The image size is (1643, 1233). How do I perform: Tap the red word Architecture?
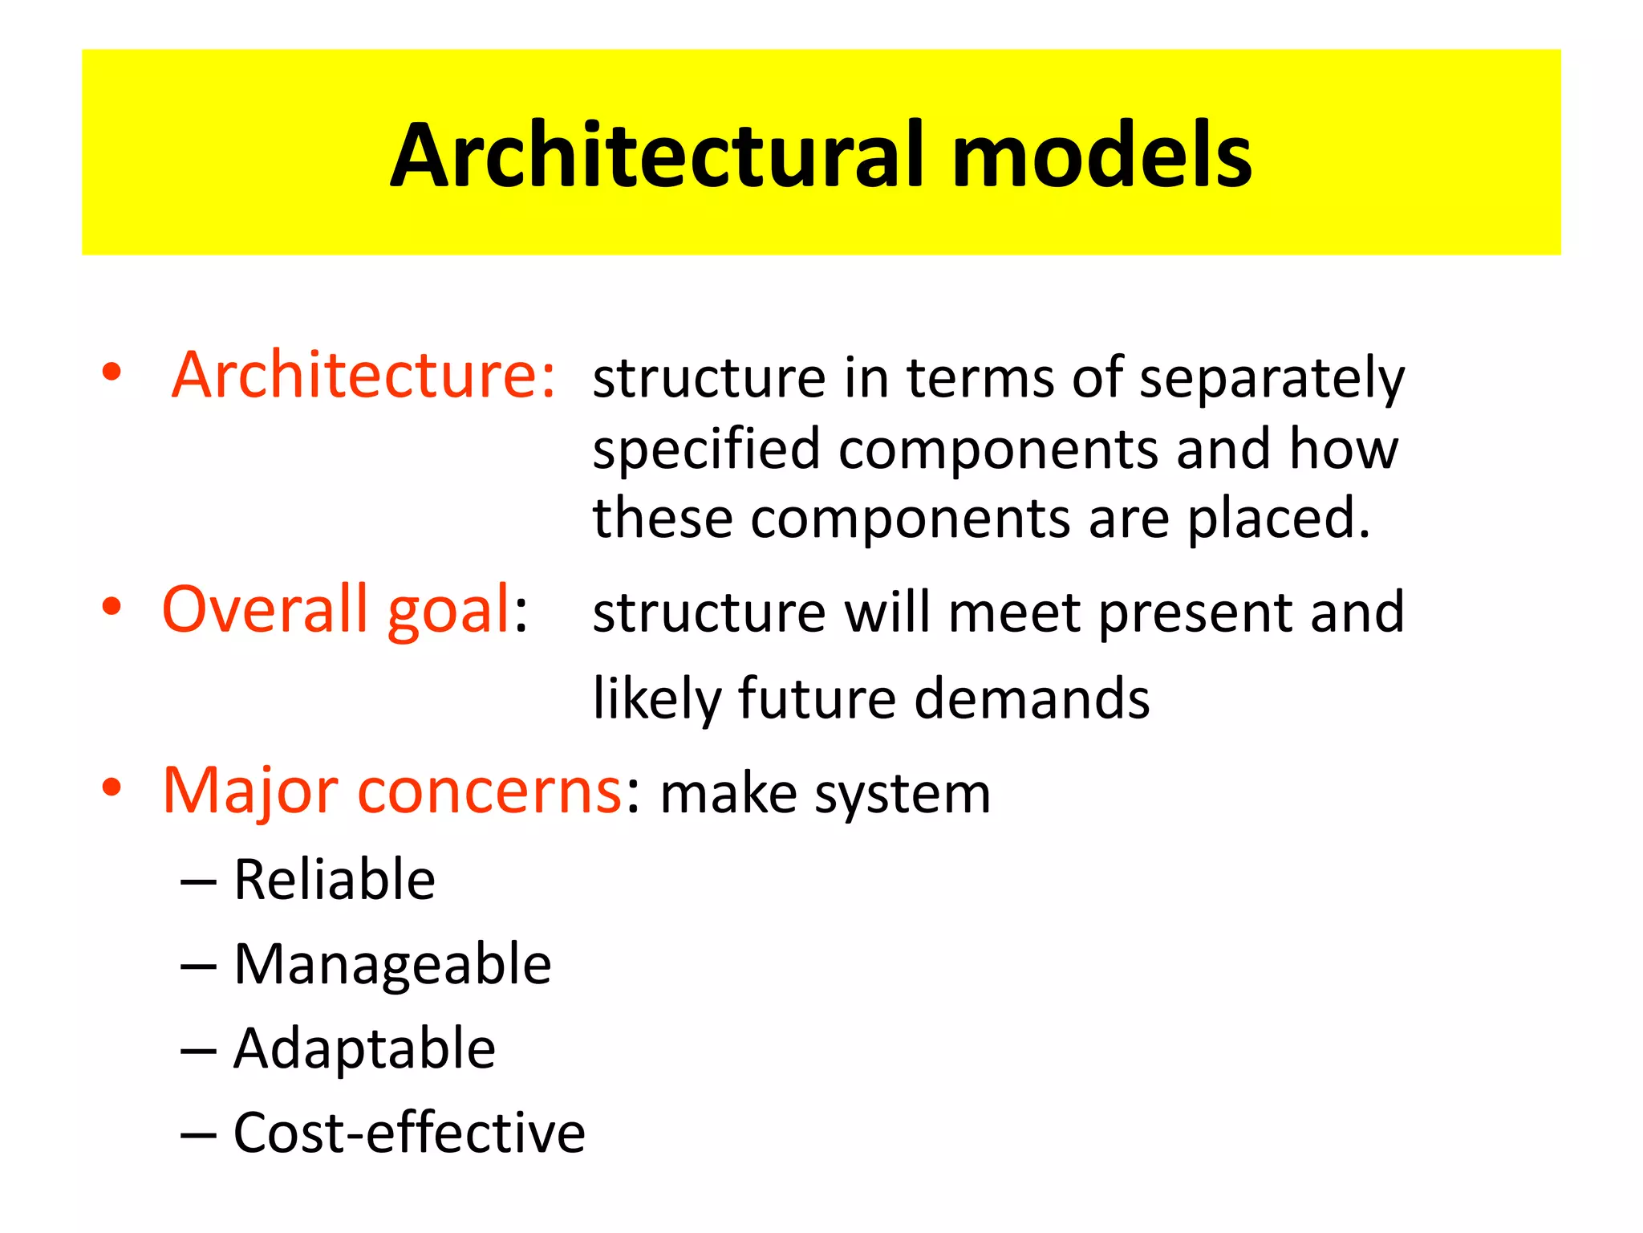click(363, 375)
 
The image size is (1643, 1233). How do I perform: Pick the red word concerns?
click(489, 791)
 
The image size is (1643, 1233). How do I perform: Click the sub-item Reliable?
click(334, 880)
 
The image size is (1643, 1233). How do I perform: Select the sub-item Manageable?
click(392, 964)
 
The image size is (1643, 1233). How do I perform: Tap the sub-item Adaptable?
click(364, 1049)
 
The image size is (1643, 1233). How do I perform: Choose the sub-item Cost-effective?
click(409, 1133)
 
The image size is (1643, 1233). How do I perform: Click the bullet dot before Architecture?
click(112, 372)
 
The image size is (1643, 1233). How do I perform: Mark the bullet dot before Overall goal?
click(112, 607)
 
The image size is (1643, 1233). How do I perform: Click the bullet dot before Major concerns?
click(112, 788)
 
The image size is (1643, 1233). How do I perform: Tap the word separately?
click(1272, 379)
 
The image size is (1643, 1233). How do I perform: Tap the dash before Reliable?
click(198, 883)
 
